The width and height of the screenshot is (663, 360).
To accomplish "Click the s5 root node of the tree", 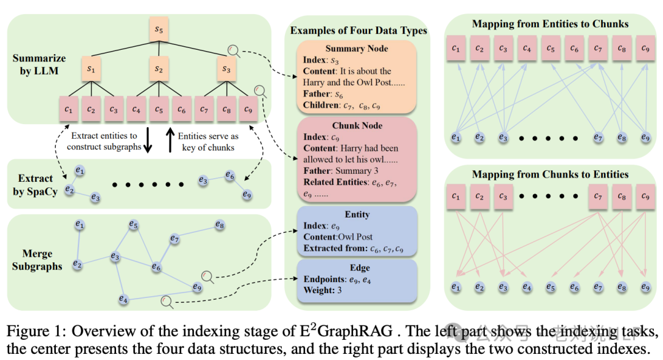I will point(159,29).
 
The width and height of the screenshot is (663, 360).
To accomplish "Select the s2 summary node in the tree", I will point(159,69).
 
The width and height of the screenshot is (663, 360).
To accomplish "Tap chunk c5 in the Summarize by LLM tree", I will point(159,109).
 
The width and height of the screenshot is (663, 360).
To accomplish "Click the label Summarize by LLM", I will point(39,65).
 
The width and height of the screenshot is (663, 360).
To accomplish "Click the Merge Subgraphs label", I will point(37,260).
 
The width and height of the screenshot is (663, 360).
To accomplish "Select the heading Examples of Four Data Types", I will point(359,30).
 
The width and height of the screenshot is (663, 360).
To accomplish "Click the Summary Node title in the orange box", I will point(357,49).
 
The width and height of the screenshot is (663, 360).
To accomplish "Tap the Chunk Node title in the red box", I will point(357,125).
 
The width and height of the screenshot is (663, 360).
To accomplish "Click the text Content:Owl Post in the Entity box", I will point(338,237).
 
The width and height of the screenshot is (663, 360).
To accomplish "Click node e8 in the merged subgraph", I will point(220,225).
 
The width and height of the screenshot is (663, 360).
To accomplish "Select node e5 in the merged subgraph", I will point(133,225).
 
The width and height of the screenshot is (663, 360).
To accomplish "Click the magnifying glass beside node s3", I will point(234,50).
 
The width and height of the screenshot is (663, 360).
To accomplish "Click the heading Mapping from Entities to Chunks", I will point(550,24).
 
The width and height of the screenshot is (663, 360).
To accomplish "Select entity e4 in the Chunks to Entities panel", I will point(527,287).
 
